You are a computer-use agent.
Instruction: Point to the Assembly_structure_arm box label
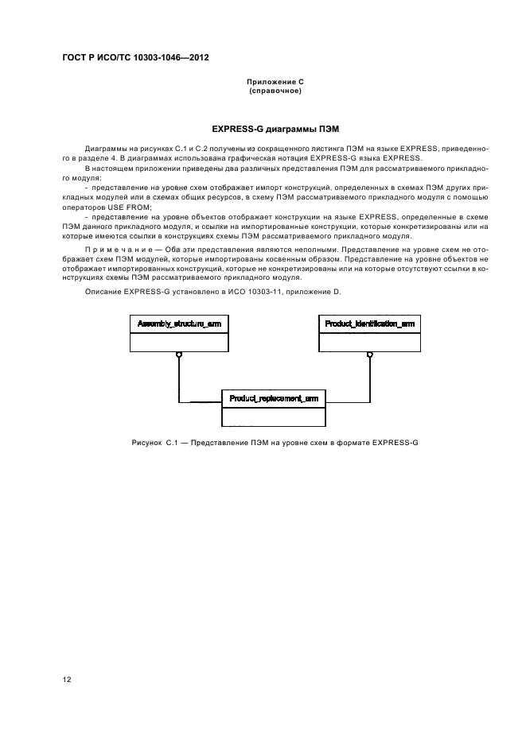179,324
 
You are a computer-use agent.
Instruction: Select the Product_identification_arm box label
368,324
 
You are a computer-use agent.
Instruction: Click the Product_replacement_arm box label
273,398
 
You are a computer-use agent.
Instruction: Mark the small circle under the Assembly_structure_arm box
179,354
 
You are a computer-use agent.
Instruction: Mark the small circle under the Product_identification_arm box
369,354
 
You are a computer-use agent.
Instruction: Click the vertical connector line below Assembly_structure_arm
179,380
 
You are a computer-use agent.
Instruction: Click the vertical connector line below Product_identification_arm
369,380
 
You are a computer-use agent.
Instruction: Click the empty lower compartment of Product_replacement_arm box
273,417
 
